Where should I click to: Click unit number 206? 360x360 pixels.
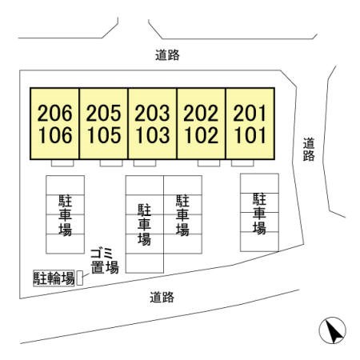(x=55, y=113)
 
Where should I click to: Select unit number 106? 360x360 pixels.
(x=55, y=135)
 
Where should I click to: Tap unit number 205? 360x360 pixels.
(x=103, y=113)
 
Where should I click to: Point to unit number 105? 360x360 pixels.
(x=104, y=135)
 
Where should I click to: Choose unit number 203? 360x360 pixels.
(x=152, y=113)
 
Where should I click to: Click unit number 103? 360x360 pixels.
(x=153, y=135)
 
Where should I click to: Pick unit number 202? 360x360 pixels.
(x=201, y=113)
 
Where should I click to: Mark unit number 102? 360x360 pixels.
(x=202, y=135)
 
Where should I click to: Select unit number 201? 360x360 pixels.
(x=250, y=113)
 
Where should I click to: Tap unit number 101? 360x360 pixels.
(x=250, y=135)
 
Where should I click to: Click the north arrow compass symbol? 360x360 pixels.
(x=333, y=330)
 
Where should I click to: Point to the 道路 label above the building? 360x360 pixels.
(x=167, y=55)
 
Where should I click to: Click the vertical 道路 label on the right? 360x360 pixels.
(x=309, y=150)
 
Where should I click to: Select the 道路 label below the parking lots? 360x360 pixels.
(x=162, y=297)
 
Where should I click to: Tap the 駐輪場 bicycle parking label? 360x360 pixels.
(x=54, y=278)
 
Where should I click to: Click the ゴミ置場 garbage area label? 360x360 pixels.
(x=105, y=261)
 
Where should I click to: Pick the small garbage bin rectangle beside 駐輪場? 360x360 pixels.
(x=80, y=278)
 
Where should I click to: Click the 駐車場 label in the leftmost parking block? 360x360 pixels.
(x=66, y=215)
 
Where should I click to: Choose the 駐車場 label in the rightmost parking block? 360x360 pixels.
(x=259, y=214)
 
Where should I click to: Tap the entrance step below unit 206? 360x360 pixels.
(x=62, y=163)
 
